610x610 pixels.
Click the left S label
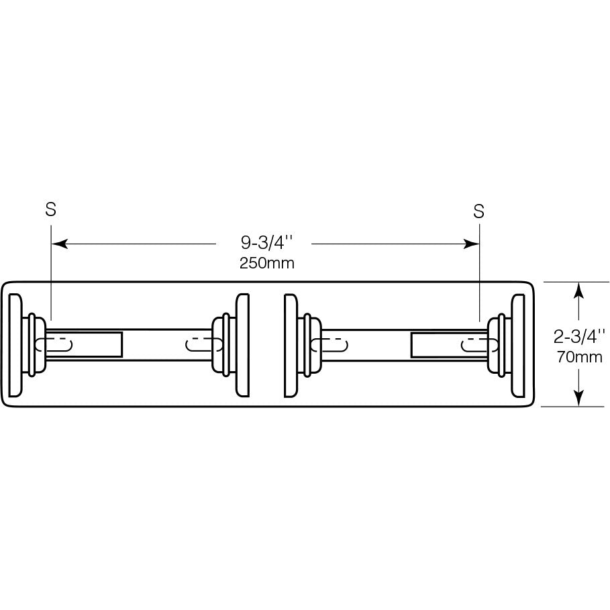pyautogui.click(x=50, y=209)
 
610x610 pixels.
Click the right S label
pyautogui.click(x=478, y=211)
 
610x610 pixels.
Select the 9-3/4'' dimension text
pyautogui.click(x=266, y=243)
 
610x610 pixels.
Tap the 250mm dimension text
pyautogui.click(x=266, y=263)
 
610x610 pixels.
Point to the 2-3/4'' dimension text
pyautogui.click(x=579, y=336)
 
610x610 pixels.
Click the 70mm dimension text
pyautogui.click(x=579, y=357)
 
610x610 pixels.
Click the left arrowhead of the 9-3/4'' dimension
pyautogui.click(x=60, y=244)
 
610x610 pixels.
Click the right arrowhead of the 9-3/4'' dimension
pyautogui.click(x=471, y=244)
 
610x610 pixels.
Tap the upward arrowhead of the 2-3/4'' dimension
pyautogui.click(x=579, y=290)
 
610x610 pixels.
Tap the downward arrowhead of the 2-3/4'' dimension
pyautogui.click(x=579, y=398)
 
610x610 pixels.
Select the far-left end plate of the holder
pyautogui.click(x=15, y=345)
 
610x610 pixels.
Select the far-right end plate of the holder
pyautogui.click(x=518, y=346)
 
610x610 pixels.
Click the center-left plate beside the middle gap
pyautogui.click(x=242, y=345)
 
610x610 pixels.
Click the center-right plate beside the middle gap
pyautogui.click(x=291, y=346)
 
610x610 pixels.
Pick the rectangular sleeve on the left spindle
pyautogui.click(x=84, y=345)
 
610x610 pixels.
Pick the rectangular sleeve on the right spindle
pyautogui.click(x=450, y=345)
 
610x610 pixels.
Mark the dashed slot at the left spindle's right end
pyautogui.click(x=204, y=345)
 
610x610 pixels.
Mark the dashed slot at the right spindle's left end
pyautogui.click(x=329, y=345)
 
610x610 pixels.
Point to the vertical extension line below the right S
pyautogui.click(x=479, y=272)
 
